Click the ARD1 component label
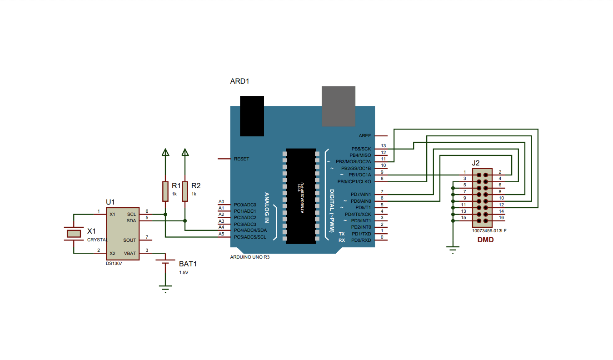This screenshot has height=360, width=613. (x=239, y=81)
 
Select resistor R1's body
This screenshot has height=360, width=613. (x=165, y=191)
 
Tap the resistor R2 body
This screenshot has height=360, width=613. (x=185, y=191)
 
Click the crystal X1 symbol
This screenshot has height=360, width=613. (x=73, y=234)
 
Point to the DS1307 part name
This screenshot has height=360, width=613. (x=114, y=263)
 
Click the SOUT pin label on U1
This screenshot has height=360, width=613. (x=130, y=240)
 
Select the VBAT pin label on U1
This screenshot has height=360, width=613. (x=130, y=253)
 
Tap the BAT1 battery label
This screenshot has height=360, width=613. (x=188, y=264)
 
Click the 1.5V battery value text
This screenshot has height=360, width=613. (x=183, y=273)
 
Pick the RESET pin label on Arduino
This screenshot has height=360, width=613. (x=241, y=159)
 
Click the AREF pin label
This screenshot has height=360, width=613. (x=364, y=136)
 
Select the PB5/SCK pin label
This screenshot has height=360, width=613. (x=361, y=149)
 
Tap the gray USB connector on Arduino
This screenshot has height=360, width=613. (x=338, y=106)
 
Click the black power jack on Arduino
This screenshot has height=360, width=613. (x=252, y=116)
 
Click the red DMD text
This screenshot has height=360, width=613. (x=485, y=240)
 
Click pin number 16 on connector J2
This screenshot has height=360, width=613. (x=501, y=218)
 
